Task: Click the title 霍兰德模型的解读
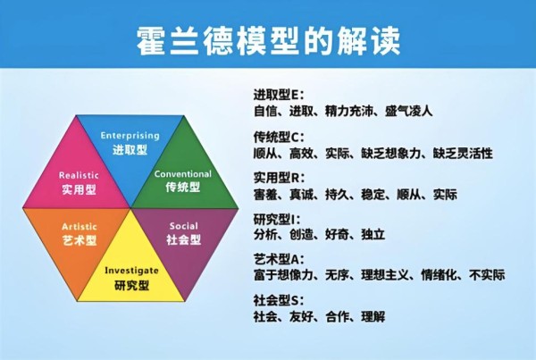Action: pyautogui.click(x=268, y=40)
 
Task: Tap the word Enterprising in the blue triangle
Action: pyautogui.click(x=130, y=136)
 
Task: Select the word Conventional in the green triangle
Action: pyautogui.click(x=183, y=174)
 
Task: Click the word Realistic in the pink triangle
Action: pyautogui.click(x=79, y=175)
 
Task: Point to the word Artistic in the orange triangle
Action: pyautogui.click(x=80, y=226)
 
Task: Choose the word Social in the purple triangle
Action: pyautogui.click(x=183, y=226)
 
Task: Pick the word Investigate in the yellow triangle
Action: pyautogui.click(x=131, y=271)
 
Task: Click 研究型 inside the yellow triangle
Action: pyautogui.click(x=132, y=285)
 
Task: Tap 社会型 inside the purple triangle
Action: pyautogui.click(x=183, y=239)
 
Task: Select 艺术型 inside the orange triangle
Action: pyautogui.click(x=80, y=240)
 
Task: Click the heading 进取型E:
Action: pyautogui.click(x=278, y=95)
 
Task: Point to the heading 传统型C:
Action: pyautogui.click(x=279, y=137)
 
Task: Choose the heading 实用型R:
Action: pyautogui.click(x=279, y=178)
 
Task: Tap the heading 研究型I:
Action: pyautogui.click(x=277, y=220)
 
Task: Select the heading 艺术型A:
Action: pyautogui.click(x=278, y=259)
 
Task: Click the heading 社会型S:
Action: pyautogui.click(x=278, y=300)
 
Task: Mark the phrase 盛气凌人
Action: pyautogui.click(x=408, y=111)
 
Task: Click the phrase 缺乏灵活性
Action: pyautogui.click(x=463, y=153)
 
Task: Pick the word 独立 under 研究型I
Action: pyautogui.click(x=373, y=235)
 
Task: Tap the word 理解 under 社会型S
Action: pyautogui.click(x=373, y=316)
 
